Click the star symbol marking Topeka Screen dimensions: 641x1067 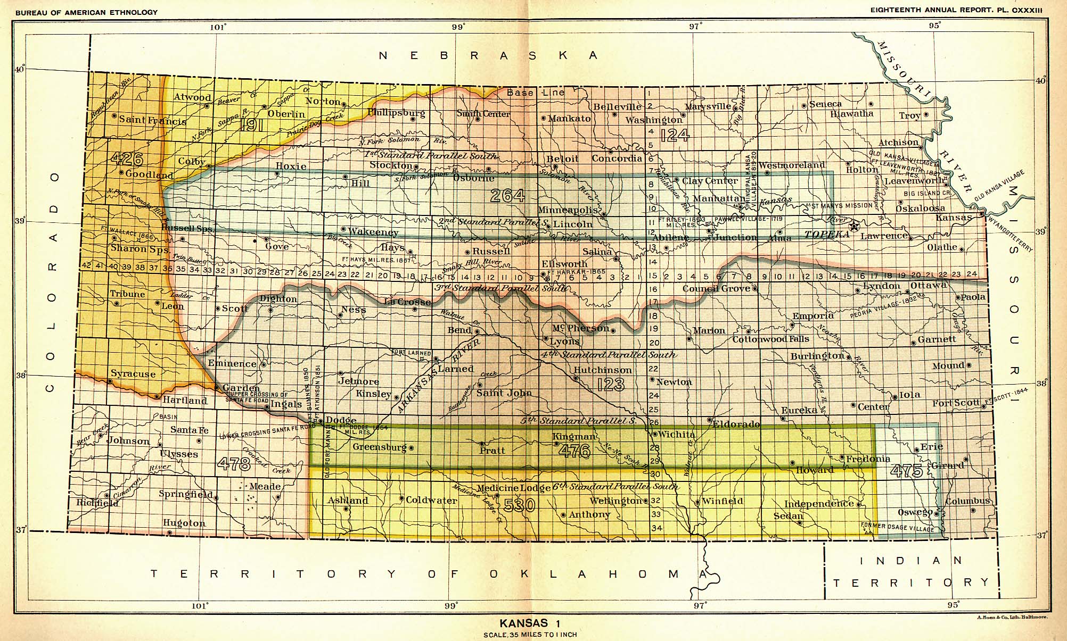pyautogui.click(x=855, y=226)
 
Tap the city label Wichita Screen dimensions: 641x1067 pyautogui.click(x=677, y=435)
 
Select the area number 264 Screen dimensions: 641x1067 pyautogui.click(x=507, y=196)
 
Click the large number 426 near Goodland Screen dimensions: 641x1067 pyautogui.click(x=128, y=158)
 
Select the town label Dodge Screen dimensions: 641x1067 pyautogui.click(x=341, y=420)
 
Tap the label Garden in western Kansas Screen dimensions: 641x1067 pyautogui.click(x=241, y=388)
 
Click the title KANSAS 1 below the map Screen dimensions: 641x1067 pyautogui.click(x=530, y=623)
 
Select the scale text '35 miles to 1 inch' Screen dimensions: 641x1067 pyautogui.click(x=530, y=635)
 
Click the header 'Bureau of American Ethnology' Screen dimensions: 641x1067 pyautogui.click(x=86, y=12)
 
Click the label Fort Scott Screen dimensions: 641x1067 pyautogui.click(x=956, y=403)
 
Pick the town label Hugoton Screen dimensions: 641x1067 pyautogui.click(x=184, y=523)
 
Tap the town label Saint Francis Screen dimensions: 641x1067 pyautogui.click(x=153, y=120)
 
